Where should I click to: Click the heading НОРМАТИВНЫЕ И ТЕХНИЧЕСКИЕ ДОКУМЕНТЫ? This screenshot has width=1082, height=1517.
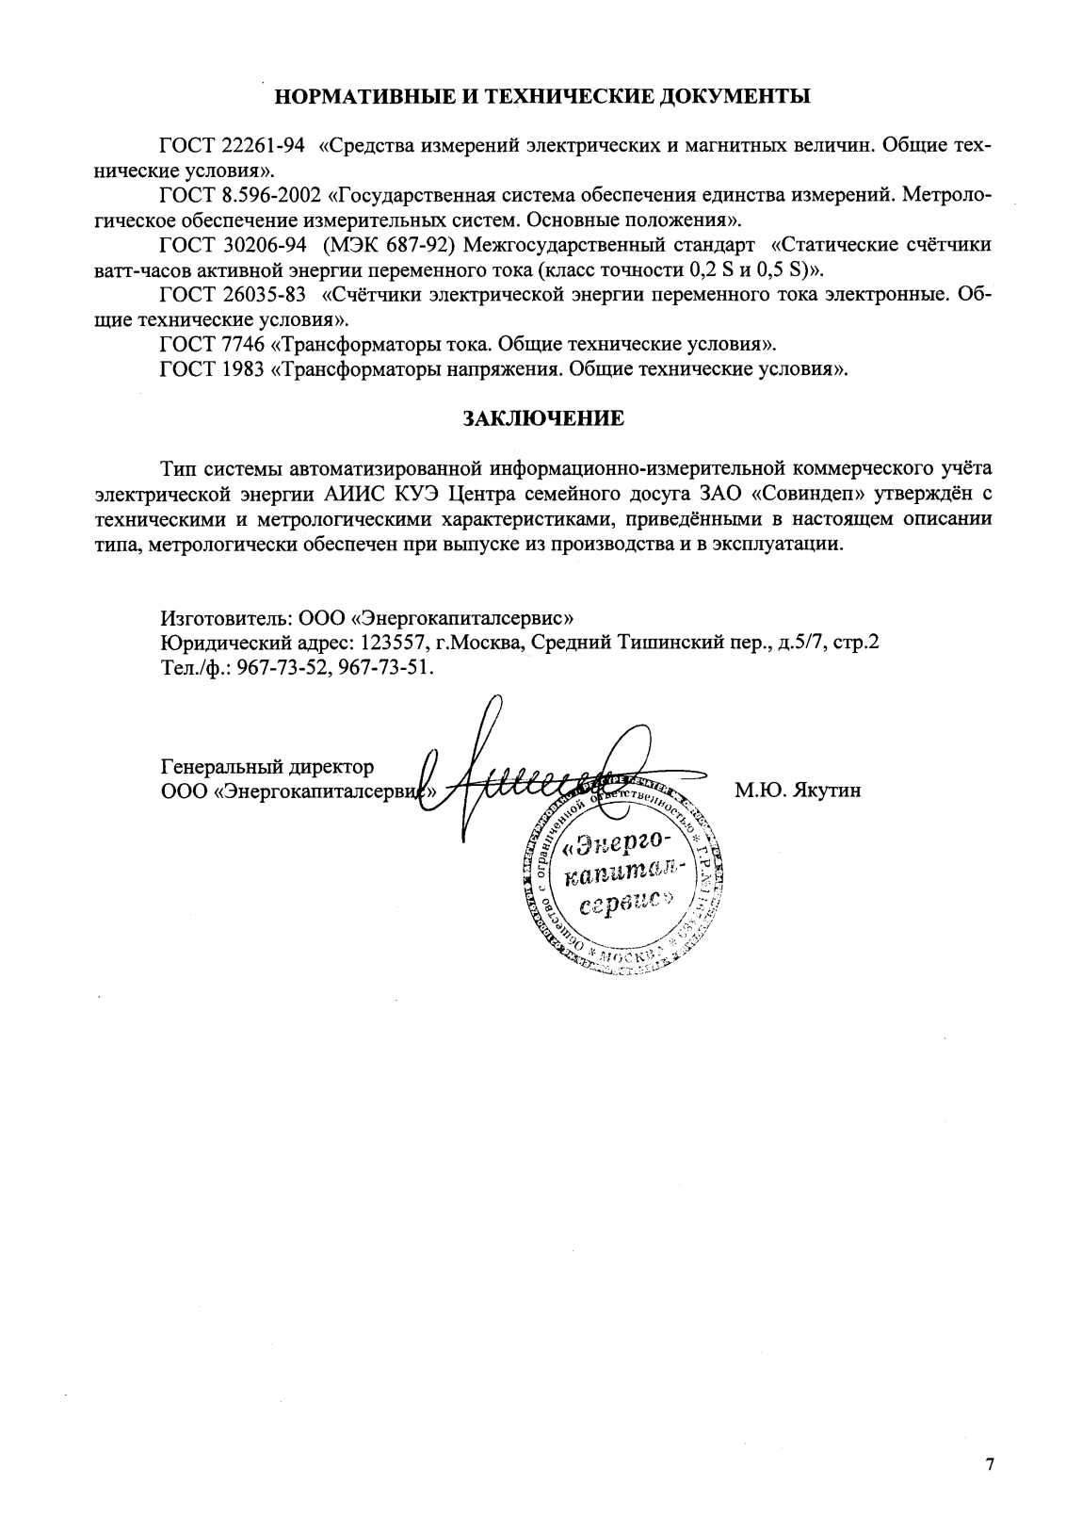click(541, 96)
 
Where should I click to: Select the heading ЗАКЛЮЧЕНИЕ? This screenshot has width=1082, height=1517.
click(541, 417)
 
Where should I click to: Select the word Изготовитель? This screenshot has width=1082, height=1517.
click(223, 619)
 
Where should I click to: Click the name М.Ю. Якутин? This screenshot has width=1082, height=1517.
click(798, 791)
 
